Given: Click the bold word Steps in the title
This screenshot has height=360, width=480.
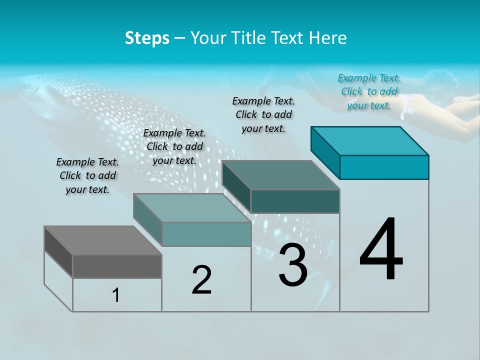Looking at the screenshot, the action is tap(147, 38).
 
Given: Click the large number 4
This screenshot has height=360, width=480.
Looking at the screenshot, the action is tap(381, 250).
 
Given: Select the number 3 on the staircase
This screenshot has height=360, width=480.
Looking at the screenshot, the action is tap(293, 265).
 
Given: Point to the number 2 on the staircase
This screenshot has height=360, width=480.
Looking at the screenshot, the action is tap(201, 280).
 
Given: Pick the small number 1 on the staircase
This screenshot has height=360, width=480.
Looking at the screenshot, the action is tap(116, 295).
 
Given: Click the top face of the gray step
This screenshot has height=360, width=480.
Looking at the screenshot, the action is tap(102, 240).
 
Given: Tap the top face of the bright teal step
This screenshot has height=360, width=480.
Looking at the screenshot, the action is tap(370, 140).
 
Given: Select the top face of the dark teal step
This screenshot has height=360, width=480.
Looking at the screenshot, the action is tap(281, 175).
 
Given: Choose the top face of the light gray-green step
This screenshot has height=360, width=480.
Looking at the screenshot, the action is tap(192, 208).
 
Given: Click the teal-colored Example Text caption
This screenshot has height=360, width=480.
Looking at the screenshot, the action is tap(369, 91).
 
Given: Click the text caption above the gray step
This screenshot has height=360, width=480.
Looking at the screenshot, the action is tap(87, 175).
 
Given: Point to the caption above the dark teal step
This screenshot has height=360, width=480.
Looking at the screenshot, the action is tap(263, 114).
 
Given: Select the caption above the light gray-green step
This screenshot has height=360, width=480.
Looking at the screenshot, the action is tap(174, 146).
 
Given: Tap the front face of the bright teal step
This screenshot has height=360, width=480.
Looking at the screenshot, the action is tap(384, 167).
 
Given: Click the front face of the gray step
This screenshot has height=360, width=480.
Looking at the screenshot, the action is tap(117, 266).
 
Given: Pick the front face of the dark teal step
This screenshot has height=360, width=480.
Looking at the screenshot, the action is tap(295, 201).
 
